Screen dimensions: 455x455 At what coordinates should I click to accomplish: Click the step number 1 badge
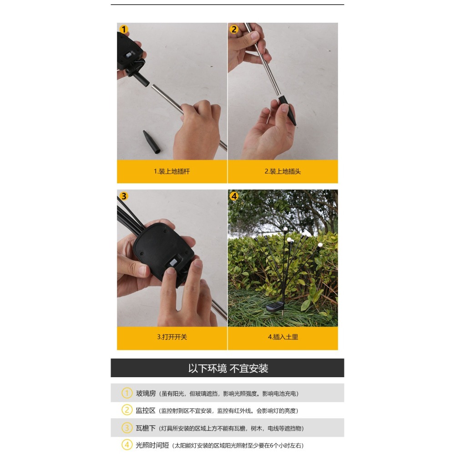124,30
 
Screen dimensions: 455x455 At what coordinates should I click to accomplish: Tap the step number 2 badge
234,30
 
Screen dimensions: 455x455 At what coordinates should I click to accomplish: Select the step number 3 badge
124,197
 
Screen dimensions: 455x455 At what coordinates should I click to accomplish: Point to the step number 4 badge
234,197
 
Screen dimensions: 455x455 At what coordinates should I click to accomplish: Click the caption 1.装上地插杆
172,172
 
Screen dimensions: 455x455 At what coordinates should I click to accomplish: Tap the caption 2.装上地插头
283,172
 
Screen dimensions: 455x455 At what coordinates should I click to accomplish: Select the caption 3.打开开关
172,337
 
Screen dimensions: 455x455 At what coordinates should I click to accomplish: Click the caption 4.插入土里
283,337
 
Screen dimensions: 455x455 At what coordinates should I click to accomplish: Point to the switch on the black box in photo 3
173,263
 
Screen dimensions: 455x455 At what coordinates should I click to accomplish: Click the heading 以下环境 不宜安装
228,368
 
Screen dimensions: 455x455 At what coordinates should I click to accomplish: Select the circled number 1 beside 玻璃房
127,393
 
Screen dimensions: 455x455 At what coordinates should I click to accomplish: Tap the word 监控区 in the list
146,410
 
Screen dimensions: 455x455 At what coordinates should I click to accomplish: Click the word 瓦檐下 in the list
146,428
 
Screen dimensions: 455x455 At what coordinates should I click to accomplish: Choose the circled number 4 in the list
127,445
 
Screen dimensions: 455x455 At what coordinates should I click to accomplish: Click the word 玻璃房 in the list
146,393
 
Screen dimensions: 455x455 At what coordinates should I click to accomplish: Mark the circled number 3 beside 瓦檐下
127,428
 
